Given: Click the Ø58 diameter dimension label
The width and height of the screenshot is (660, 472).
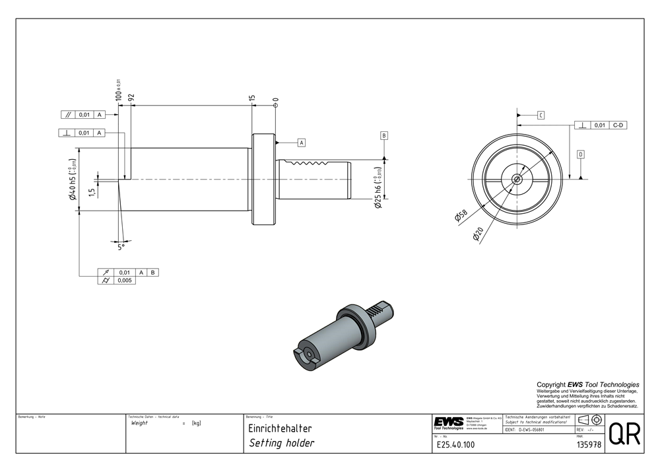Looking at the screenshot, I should point(460,216).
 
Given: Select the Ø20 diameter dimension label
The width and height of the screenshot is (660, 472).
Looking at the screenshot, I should point(478,234).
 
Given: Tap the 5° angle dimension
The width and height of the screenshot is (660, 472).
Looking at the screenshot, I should point(121,246).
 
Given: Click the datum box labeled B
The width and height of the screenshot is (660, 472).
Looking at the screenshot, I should point(383,135).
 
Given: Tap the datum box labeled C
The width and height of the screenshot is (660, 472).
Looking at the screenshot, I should point(540,115).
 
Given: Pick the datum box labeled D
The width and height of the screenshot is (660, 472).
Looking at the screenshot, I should point(580,154).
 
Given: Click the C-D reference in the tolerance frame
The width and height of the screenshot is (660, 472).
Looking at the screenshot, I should point(618,125).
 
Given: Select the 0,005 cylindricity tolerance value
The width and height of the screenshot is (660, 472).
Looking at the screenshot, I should point(125,281).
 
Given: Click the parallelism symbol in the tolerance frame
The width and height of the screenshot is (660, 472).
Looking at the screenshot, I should point(68,114).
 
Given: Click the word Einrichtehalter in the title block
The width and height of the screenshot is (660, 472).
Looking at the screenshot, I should point(279,428).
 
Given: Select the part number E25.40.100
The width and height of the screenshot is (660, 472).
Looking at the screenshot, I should point(455,445).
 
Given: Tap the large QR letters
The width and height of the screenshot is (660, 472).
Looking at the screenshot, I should point(624,434).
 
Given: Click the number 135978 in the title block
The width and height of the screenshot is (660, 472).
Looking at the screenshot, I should point(588,445).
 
